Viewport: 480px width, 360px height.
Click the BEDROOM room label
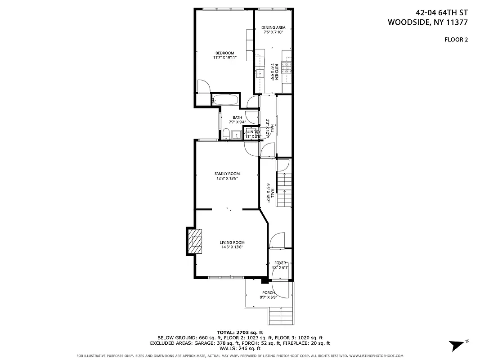224,53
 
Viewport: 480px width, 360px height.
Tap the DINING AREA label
274,27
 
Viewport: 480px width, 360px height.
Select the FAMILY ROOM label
227,174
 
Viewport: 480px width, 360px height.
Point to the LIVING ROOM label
232,243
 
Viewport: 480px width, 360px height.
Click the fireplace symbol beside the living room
195,241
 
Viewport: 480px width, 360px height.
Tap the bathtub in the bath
226,100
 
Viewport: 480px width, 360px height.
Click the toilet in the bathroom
226,134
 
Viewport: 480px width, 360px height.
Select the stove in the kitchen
287,67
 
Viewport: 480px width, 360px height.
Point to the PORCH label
269,292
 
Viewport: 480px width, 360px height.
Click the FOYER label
280,263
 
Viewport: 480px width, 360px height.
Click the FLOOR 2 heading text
456,40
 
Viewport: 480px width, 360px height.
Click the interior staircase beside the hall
283,189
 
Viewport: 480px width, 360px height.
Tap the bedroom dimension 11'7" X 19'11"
224,58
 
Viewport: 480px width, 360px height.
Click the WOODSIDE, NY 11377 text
428,22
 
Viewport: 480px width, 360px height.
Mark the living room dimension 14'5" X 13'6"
232,247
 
